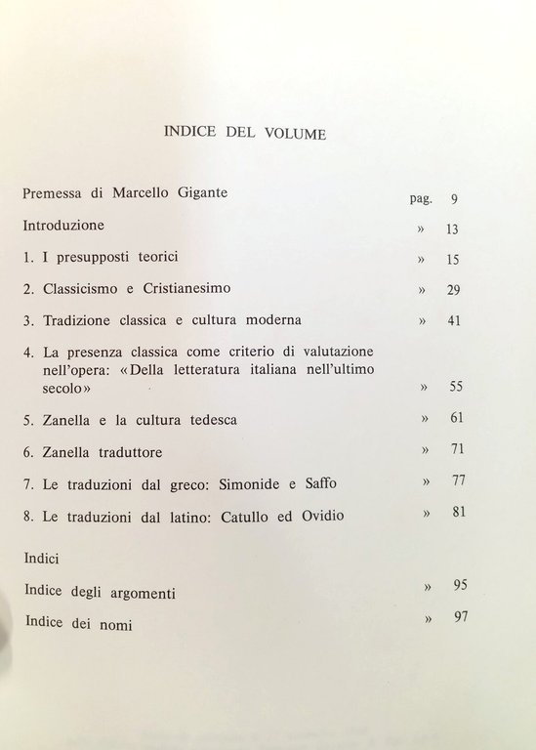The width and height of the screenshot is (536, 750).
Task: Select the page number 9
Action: click(x=454, y=199)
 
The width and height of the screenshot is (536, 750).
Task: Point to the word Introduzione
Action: click(x=63, y=225)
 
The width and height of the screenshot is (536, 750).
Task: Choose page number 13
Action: click(x=450, y=229)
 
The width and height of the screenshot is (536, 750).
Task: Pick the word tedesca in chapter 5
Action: click(x=208, y=420)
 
